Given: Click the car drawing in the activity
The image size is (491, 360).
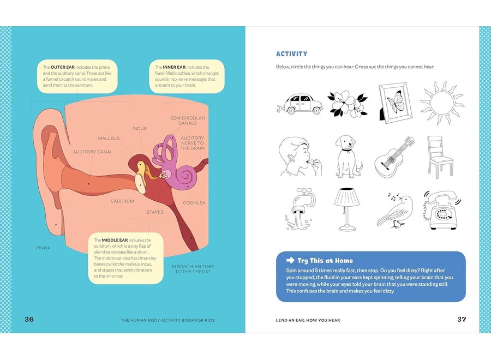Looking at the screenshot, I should tap(300, 103).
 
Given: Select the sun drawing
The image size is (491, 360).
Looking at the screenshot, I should tap(441, 103).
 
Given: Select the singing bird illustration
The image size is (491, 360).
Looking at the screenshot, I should tap(396, 210).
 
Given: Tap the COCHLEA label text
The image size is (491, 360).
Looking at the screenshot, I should tap(194, 203).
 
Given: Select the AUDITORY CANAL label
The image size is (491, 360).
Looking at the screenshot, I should tap(93, 152).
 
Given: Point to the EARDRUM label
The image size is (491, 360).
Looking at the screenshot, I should tap(123, 201).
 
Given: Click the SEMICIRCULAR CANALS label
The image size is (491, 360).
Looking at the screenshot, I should tap(187, 120).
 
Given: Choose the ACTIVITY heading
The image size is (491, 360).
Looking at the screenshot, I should tap(291, 54).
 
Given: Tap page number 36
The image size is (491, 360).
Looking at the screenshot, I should tap(29, 319).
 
